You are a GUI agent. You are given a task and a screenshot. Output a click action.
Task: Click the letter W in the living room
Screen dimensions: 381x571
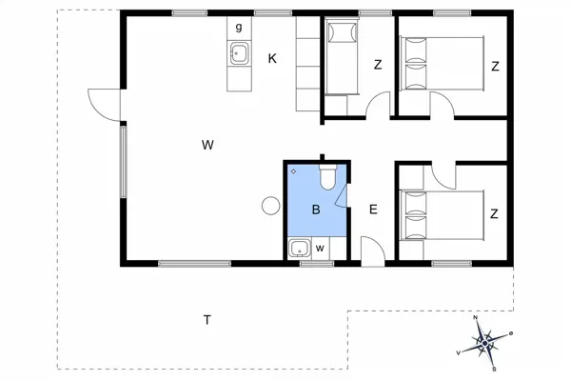tap(207, 145)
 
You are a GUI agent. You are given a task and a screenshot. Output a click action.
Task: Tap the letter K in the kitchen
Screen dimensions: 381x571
tap(273, 59)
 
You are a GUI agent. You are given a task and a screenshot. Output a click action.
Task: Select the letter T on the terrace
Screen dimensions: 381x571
tap(207, 319)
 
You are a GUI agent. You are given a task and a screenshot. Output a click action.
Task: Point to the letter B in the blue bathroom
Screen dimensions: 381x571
tap(315, 210)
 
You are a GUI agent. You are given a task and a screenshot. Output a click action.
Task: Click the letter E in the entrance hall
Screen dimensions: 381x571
tap(373, 210)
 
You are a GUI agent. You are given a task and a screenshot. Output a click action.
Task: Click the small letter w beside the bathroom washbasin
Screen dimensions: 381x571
tap(320, 249)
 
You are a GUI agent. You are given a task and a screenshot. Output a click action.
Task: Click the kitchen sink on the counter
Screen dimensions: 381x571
tap(238, 52)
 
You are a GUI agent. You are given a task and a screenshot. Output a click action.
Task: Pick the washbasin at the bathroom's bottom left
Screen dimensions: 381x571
tap(299, 250)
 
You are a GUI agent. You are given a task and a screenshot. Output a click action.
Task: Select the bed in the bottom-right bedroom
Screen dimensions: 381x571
tap(442, 213)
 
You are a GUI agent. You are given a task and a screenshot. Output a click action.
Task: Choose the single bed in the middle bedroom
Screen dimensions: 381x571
tap(340, 57)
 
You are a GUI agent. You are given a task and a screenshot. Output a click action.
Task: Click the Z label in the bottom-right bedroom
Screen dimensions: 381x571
tap(495, 213)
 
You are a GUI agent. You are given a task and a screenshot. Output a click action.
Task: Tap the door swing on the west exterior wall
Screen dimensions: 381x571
tap(103, 103)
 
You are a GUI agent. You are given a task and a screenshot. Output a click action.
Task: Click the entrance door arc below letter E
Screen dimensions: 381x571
tap(372, 251)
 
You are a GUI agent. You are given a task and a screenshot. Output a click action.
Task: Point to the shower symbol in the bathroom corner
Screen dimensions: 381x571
tap(294, 171)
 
